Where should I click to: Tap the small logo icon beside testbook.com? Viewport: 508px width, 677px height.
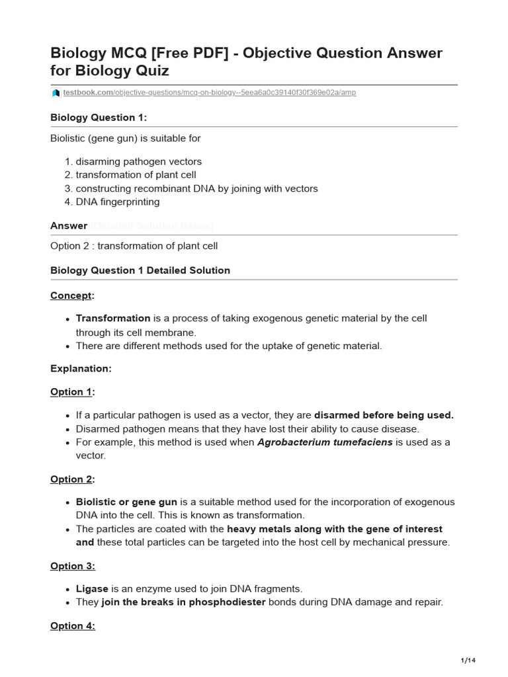56,93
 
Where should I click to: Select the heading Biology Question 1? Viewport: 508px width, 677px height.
99,118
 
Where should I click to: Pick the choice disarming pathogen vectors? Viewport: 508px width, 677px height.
139,161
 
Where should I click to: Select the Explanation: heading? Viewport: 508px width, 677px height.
81,369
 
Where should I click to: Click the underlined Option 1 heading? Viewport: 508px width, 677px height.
71,392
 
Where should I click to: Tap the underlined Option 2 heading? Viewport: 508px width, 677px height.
71,479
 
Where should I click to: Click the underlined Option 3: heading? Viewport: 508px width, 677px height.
73,567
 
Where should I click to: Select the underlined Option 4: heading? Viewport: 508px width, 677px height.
73,625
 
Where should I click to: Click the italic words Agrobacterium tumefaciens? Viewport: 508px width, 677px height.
325,442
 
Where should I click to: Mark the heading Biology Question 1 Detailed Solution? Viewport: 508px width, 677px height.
140,270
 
